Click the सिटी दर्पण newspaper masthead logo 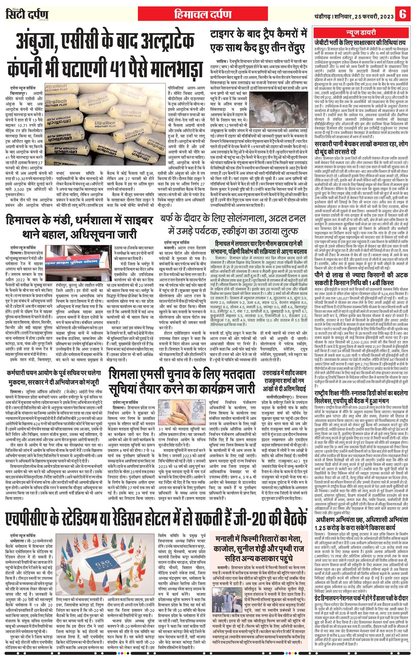(x=27, y=14)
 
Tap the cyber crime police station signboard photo (x=79, y=261)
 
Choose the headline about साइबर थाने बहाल (x=79, y=227)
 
